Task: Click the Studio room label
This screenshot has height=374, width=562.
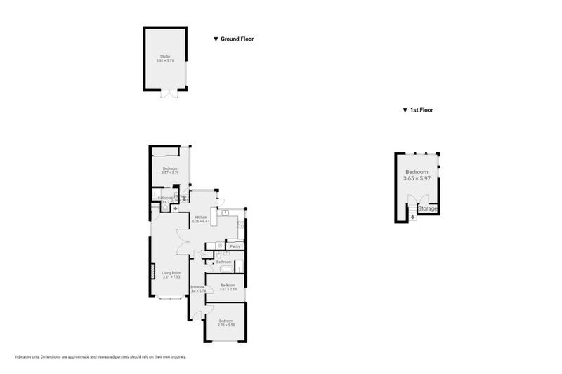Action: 164,56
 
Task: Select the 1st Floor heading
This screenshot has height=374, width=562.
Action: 426,110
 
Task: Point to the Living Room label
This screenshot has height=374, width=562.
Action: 172,272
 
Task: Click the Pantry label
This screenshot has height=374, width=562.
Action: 235,246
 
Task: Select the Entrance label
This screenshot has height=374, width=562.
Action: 197,286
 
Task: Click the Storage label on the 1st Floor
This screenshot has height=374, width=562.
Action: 428,209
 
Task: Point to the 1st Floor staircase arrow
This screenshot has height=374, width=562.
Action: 412,217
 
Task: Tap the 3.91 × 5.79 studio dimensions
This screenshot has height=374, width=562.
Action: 164,61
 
